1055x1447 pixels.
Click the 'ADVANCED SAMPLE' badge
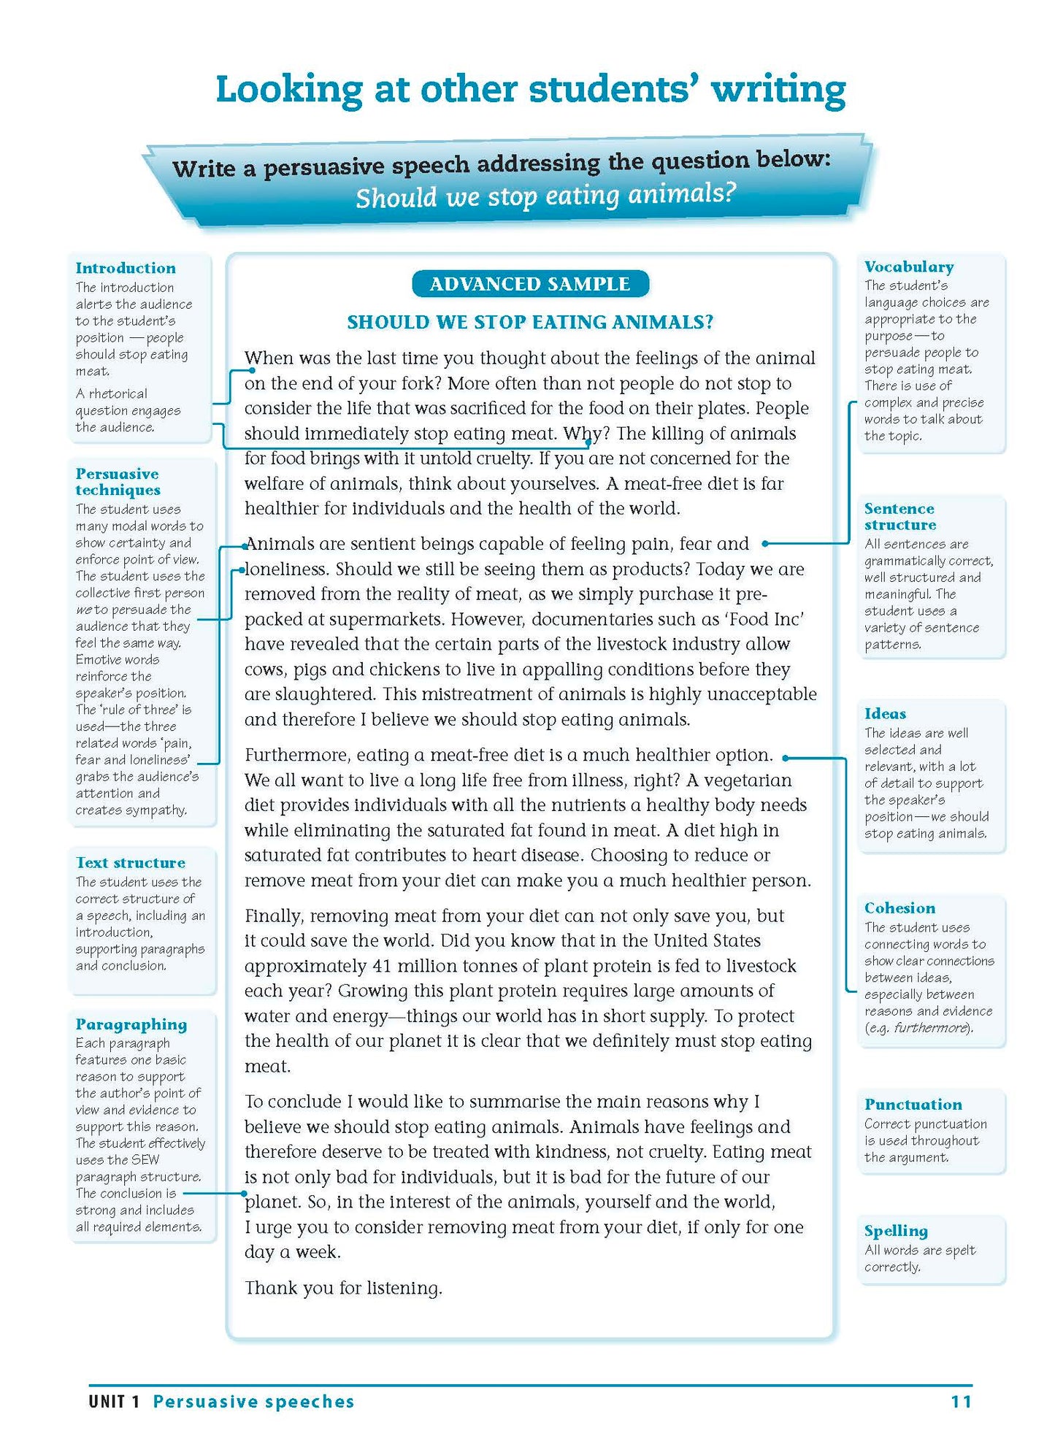tap(529, 284)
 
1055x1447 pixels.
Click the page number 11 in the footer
tap(961, 1401)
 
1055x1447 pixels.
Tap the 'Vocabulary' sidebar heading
tap(908, 266)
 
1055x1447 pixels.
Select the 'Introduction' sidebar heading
tap(126, 268)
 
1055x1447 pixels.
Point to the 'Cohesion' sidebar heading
tap(899, 907)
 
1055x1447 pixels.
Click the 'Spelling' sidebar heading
tap(895, 1230)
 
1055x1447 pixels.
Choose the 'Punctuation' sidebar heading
tap(913, 1104)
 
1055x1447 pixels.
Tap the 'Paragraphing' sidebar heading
tap(131, 1024)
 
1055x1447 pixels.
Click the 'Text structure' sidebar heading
tap(131, 862)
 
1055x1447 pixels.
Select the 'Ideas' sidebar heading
tap(885, 713)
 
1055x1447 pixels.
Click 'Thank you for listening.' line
tap(343, 1288)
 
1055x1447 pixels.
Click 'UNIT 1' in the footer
tap(114, 1401)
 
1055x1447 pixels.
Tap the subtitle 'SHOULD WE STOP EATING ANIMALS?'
tap(530, 322)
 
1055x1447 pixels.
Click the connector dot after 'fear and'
tap(764, 543)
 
